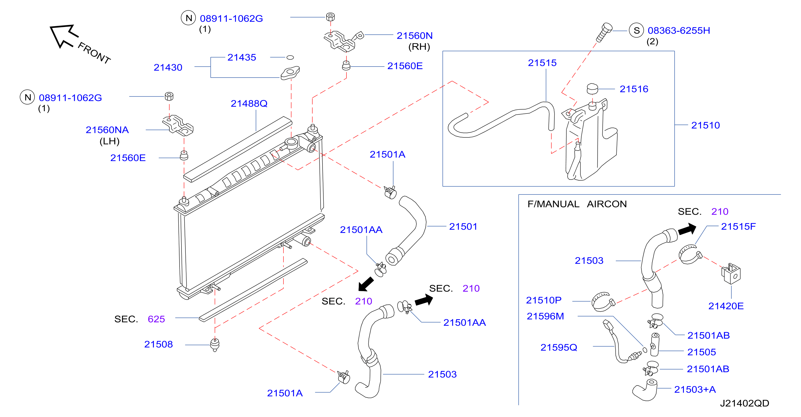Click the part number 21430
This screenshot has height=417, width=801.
(x=168, y=67)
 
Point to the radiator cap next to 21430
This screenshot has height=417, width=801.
(x=290, y=73)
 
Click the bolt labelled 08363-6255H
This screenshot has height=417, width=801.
(x=604, y=32)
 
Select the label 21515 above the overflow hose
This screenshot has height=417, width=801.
(x=542, y=63)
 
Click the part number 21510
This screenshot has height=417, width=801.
(x=705, y=125)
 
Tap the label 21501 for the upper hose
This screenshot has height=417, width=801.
(x=463, y=226)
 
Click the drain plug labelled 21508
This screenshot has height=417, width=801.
(x=215, y=344)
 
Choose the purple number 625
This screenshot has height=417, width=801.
(x=156, y=319)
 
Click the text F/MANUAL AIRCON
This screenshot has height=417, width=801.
(x=577, y=204)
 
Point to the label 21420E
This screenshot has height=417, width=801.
(x=726, y=306)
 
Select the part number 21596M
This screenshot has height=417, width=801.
(x=545, y=316)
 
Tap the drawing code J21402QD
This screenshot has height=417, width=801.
(x=745, y=403)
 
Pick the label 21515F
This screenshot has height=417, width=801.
(x=738, y=226)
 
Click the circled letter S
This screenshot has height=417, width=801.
(x=636, y=30)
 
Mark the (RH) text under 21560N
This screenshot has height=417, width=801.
(x=419, y=47)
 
